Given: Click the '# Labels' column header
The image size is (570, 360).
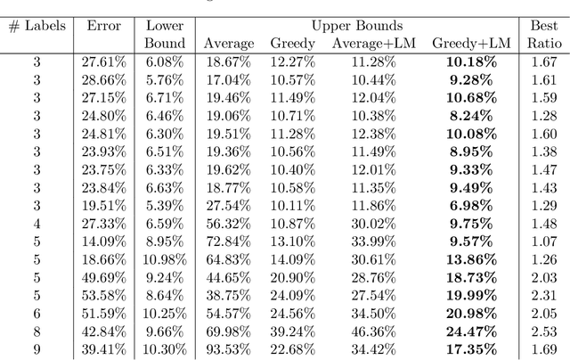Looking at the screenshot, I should [37, 26].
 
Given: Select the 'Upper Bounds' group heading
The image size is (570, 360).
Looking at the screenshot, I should [356, 26].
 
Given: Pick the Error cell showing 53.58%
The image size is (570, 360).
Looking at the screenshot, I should [104, 295].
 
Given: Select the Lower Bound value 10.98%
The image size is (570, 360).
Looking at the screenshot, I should [164, 259].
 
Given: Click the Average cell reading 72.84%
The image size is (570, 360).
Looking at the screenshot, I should [228, 241].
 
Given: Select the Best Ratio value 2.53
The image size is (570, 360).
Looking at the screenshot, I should [542, 331].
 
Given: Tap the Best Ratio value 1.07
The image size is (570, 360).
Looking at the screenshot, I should [542, 241].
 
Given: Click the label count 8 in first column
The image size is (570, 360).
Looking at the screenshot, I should [37, 331].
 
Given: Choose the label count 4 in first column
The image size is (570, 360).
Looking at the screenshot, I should [37, 223].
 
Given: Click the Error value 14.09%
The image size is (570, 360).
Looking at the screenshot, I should [104, 241].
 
